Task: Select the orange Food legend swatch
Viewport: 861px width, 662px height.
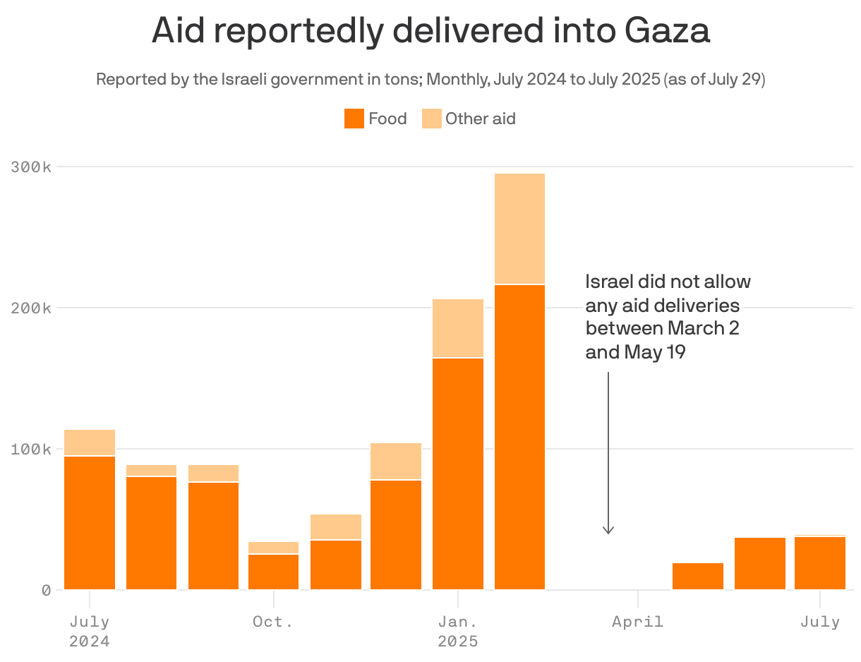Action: (x=354, y=119)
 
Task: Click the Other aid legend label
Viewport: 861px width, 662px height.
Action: (x=480, y=119)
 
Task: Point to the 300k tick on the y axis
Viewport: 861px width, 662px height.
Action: (x=31, y=167)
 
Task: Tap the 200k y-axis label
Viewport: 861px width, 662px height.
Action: (x=31, y=308)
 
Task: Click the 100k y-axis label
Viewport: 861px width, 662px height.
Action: (x=31, y=450)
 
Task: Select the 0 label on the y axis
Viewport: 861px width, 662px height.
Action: (x=46, y=590)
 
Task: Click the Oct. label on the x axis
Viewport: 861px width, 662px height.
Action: (x=273, y=622)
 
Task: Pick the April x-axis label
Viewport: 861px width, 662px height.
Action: (x=637, y=622)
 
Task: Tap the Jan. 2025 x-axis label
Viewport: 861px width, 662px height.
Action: (x=457, y=631)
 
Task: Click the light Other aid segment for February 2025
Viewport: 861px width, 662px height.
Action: (x=519, y=228)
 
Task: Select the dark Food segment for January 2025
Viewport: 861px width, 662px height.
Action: (x=458, y=473)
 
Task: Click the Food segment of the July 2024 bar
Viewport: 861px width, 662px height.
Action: (x=90, y=522)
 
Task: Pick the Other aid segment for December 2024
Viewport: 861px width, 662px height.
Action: (x=396, y=461)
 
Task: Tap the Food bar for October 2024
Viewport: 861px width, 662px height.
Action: (x=274, y=572)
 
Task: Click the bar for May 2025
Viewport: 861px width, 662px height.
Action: (x=698, y=576)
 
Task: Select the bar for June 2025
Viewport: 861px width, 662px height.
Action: (x=760, y=563)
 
